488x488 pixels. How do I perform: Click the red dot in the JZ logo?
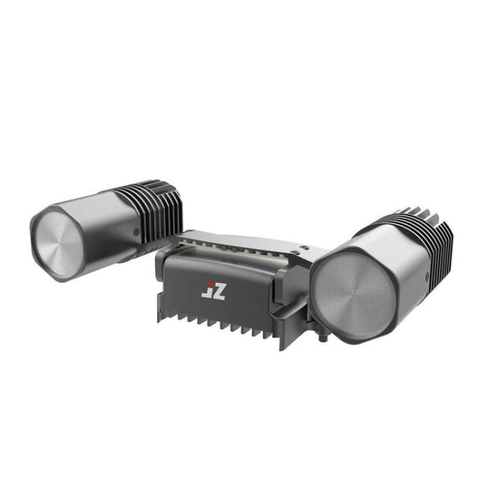click(x=211, y=284)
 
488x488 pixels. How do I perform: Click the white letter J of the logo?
click(x=206, y=293)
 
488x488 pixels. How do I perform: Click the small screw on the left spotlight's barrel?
click(x=136, y=231)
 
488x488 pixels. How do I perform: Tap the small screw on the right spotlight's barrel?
click(x=427, y=275)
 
